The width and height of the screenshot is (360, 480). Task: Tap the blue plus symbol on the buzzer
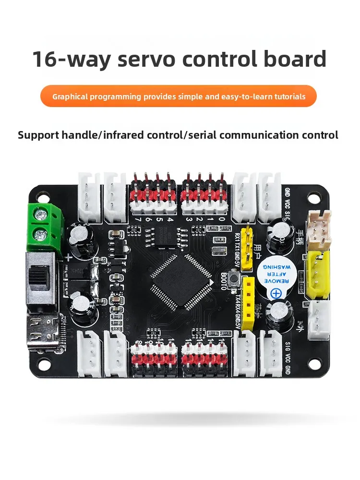point(277,294)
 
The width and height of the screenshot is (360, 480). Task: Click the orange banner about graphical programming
point(179,96)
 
